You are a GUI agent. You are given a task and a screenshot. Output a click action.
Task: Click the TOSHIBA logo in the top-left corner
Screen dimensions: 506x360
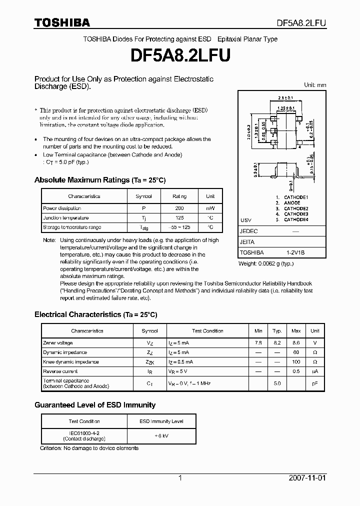pos(62,22)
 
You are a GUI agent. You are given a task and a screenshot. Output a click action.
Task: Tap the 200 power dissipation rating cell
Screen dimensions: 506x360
pos(179,208)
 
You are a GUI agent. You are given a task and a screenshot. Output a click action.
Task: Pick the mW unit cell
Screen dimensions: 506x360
pos(210,208)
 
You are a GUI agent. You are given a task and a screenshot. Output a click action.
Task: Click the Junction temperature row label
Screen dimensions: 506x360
pos(66,218)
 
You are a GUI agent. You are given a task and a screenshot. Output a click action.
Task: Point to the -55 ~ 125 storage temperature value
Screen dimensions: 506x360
pos(179,227)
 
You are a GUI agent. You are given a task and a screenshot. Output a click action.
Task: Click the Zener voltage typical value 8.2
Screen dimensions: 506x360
pos(276,343)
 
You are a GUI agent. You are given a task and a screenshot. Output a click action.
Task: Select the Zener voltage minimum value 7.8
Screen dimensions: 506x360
pos(258,343)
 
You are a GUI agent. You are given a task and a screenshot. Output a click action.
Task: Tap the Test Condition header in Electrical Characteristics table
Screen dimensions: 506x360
pos(207,331)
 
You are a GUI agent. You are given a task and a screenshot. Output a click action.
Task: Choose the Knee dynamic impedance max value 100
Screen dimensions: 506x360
pos(296,362)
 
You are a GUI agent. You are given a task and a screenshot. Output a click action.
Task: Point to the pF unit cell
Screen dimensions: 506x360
pos(314,383)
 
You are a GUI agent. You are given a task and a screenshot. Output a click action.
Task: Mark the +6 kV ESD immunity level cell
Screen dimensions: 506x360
pos(161,435)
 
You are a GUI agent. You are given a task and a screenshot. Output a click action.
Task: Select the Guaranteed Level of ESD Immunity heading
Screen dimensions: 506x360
pos(94,405)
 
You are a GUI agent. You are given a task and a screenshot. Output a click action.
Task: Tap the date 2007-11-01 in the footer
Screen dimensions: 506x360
pos(307,478)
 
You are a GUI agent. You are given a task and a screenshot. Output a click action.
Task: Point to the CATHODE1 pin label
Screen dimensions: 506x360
pos(296,198)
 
